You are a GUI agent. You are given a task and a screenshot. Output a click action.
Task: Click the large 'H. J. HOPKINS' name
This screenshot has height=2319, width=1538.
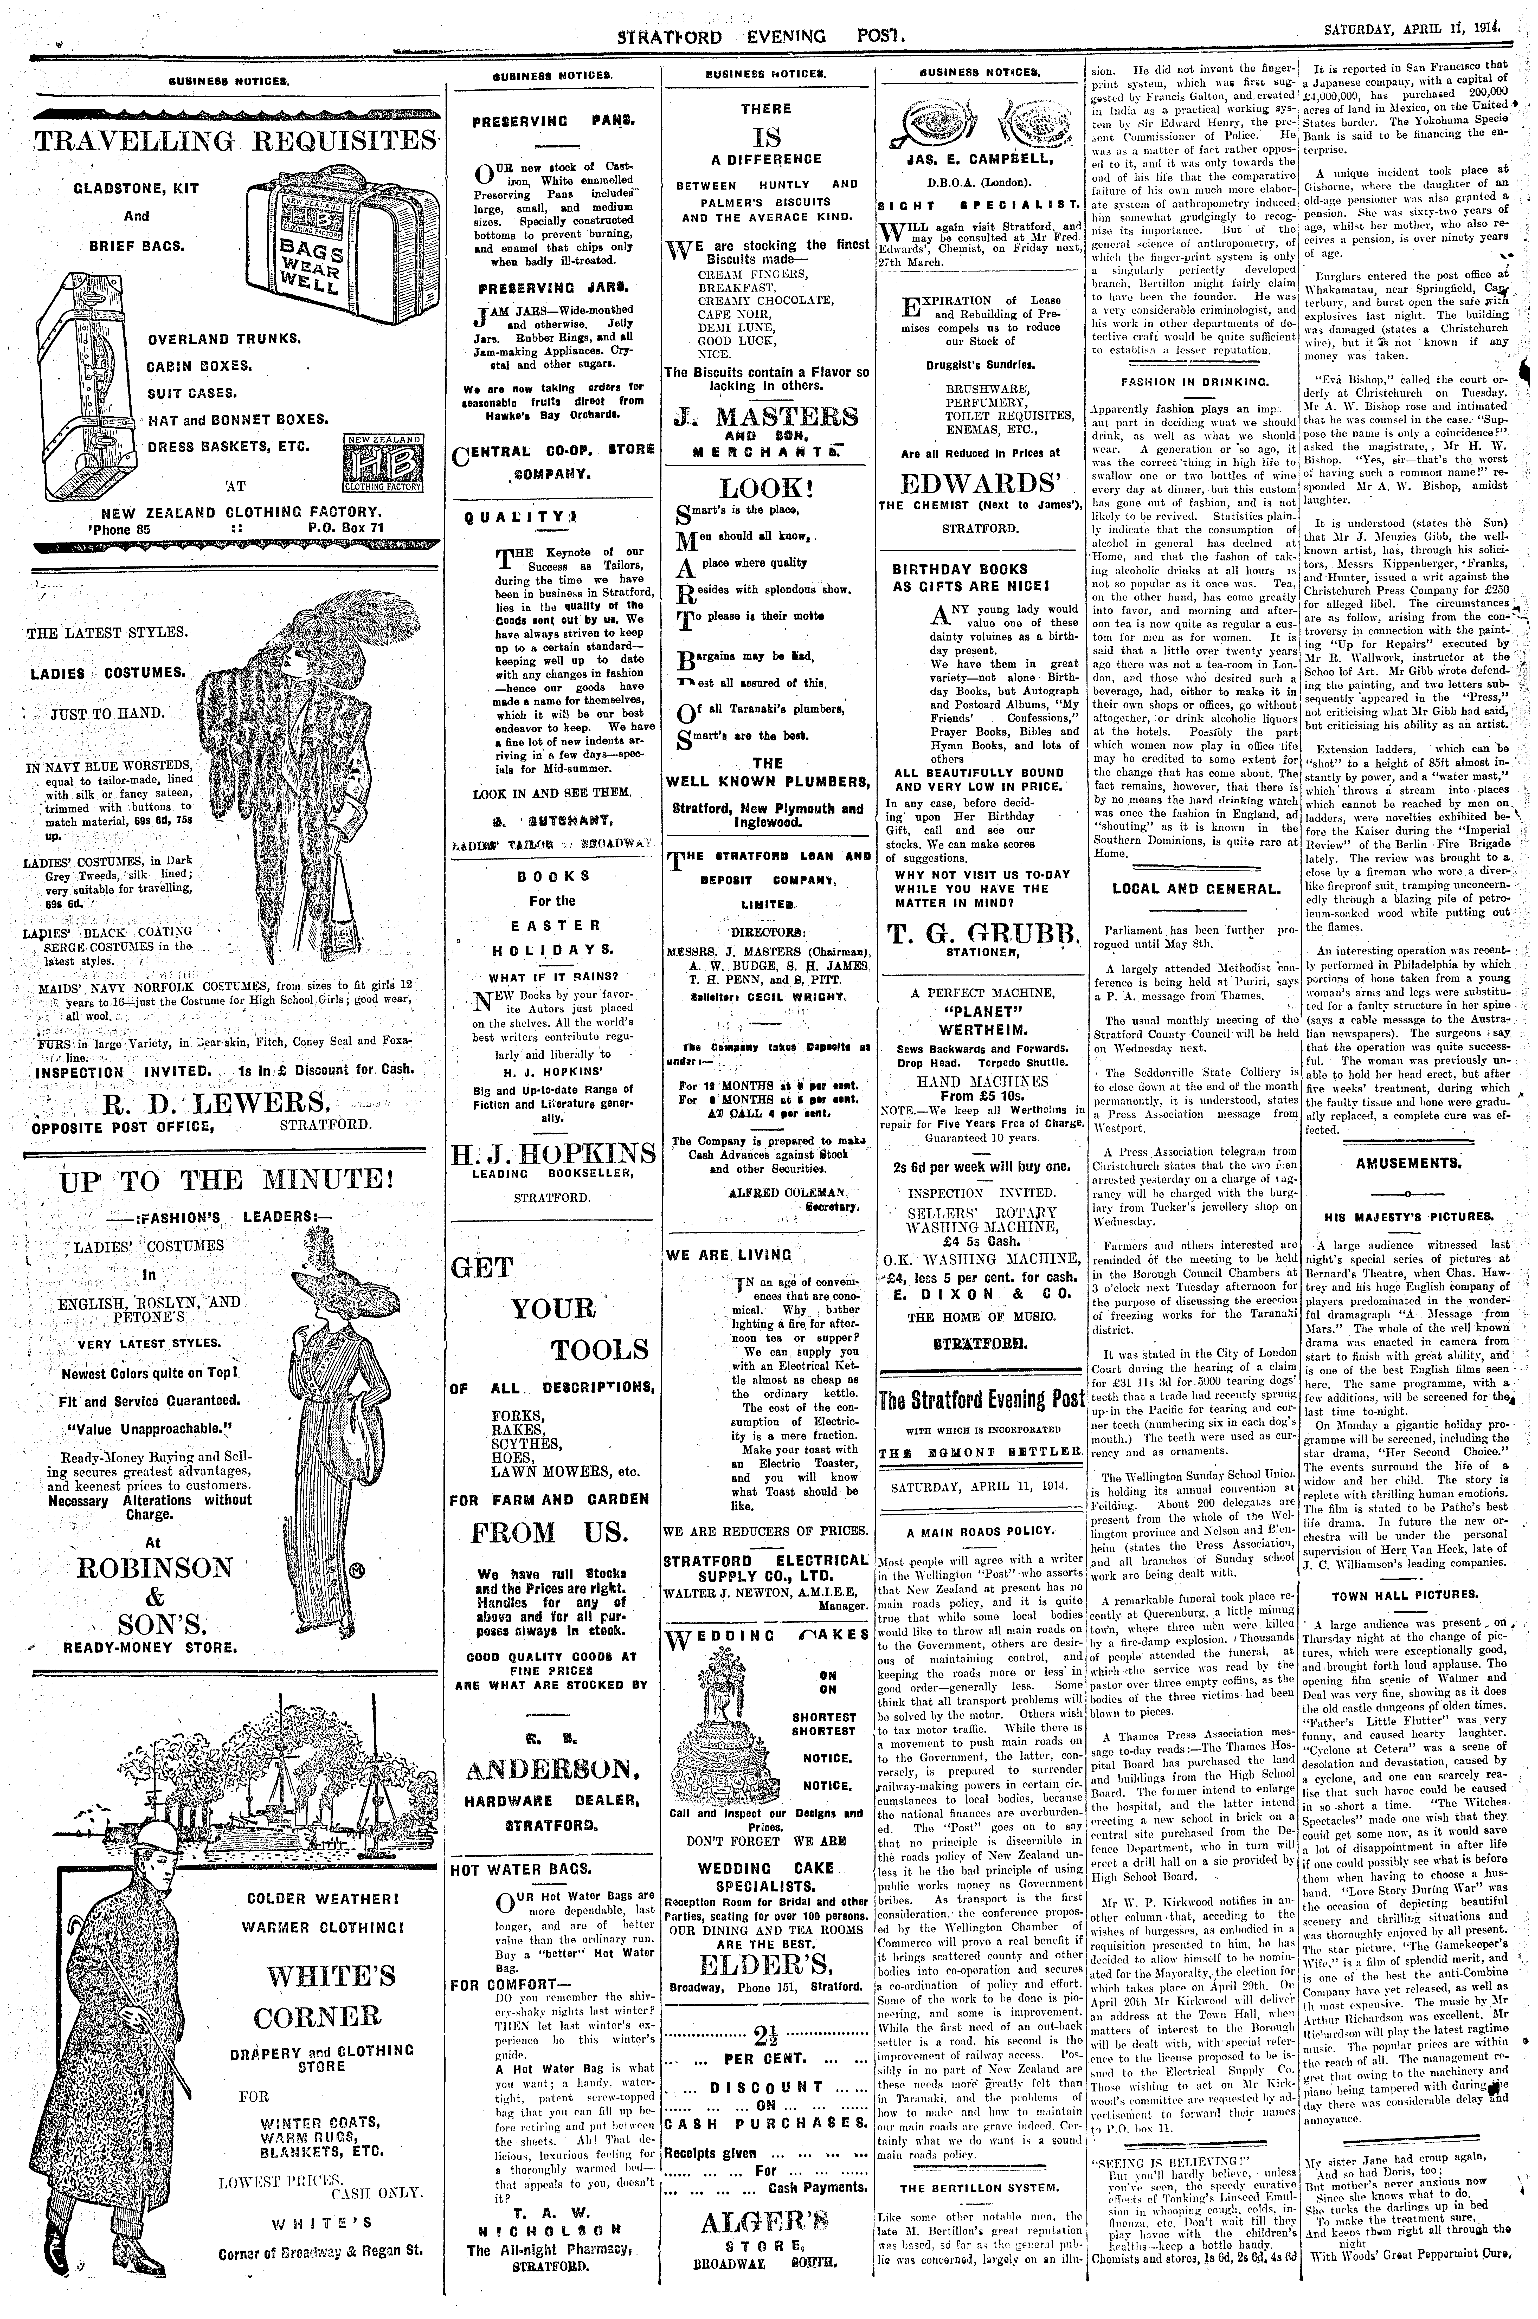[x=552, y=1151]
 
